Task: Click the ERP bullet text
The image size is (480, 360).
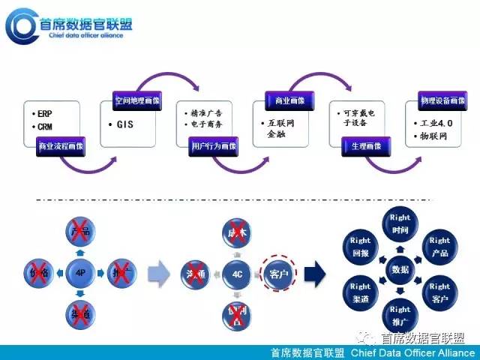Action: (x=43, y=113)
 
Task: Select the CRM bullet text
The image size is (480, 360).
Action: (x=43, y=127)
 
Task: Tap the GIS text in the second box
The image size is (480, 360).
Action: (x=124, y=124)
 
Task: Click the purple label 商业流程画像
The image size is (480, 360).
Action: (x=61, y=148)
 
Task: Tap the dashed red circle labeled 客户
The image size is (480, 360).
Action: (x=277, y=273)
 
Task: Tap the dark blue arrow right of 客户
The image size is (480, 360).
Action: (x=315, y=273)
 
